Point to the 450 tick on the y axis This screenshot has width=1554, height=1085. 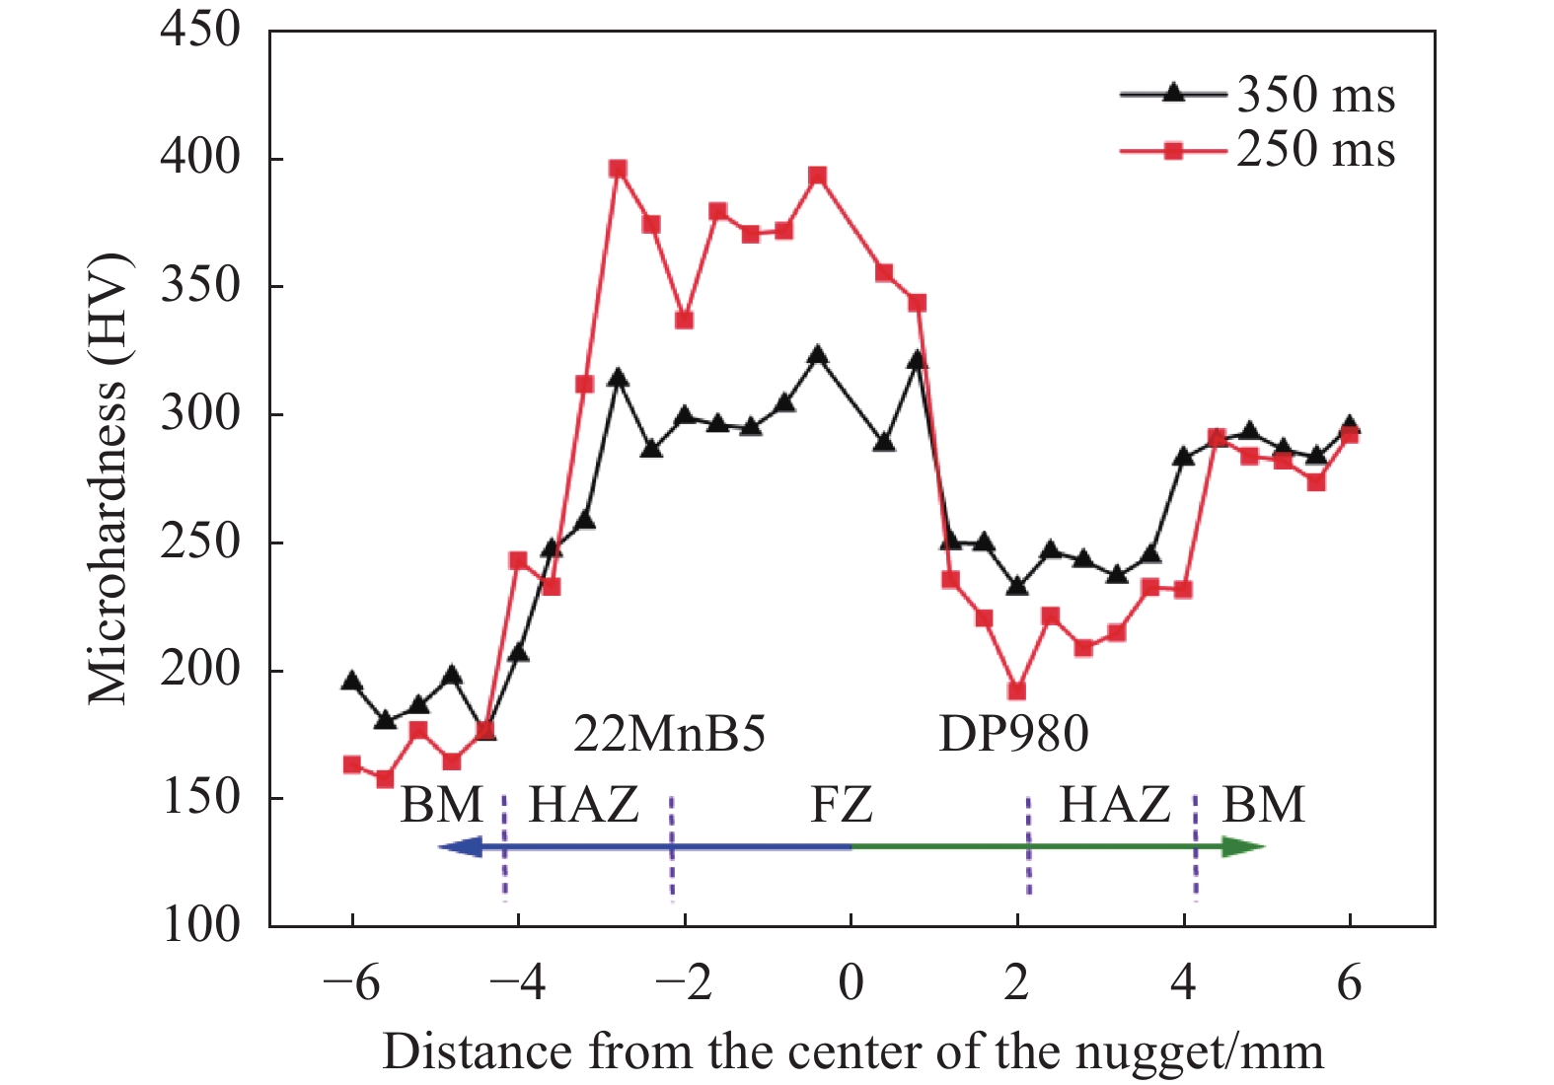pos(200,30)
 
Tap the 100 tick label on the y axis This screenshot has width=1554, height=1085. pos(200,925)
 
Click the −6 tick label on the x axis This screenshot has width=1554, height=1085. pos(351,983)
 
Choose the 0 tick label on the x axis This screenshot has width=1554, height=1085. pos(851,983)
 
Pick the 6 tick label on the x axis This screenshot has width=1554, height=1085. pos(1349,983)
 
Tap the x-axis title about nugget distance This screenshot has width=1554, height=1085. pos(852,1051)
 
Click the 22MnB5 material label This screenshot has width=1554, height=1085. pos(669,734)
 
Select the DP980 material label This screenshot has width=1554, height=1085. pos(1013,734)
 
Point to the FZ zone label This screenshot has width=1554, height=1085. pos(842,805)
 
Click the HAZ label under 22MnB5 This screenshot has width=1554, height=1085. pos(584,805)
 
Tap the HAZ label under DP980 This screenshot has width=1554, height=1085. pos(1115,805)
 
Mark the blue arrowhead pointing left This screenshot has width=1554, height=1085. pos(460,846)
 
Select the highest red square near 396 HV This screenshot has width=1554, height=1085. pos(618,170)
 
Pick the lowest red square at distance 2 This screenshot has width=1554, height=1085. pos(1017,691)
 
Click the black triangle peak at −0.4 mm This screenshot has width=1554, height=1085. pos(817,356)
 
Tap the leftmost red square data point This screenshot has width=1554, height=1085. pos(352,764)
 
